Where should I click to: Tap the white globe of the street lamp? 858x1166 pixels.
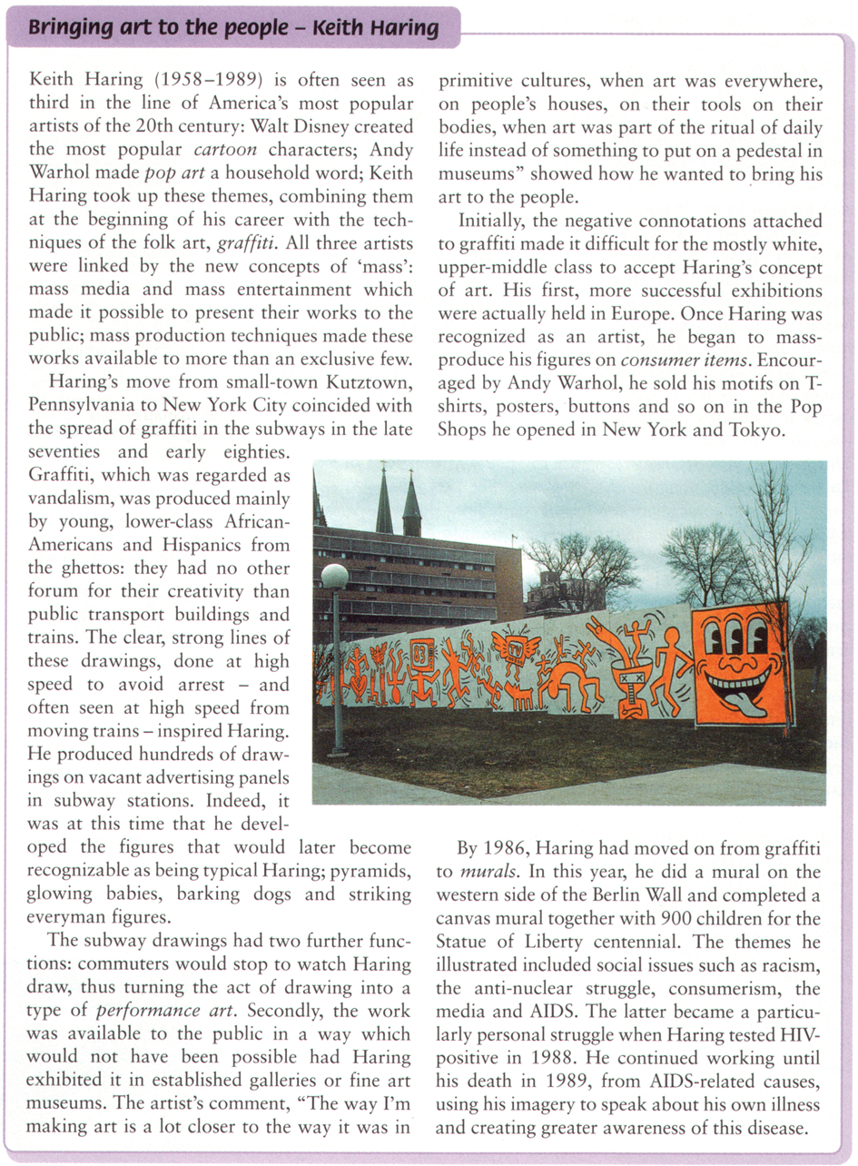pos(334,576)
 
